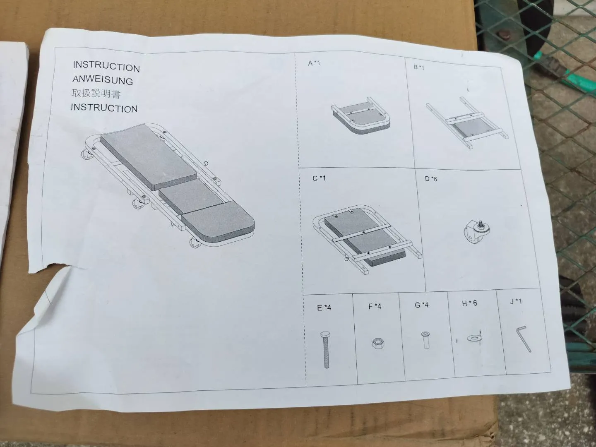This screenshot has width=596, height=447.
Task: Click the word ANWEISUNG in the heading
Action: tap(103, 80)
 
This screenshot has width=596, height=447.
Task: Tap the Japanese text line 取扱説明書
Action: tap(96, 94)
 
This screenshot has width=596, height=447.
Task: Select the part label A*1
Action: tap(314, 63)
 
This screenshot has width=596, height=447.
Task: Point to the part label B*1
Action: tap(419, 67)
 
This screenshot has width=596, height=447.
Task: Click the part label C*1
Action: tap(319, 178)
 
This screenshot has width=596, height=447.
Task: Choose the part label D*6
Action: tap(431, 179)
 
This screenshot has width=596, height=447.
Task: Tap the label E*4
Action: tap(324, 308)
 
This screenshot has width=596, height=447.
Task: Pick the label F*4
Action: tap(375, 306)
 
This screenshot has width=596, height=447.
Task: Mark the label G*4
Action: tap(422, 305)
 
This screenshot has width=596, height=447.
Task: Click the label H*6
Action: tap(469, 303)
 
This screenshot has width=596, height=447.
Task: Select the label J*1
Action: tap(516, 302)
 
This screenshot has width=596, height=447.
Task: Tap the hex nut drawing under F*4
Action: tap(378, 344)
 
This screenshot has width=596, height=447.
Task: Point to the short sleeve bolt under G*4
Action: tap(425, 340)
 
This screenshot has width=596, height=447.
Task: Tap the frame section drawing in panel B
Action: tap(466, 123)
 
